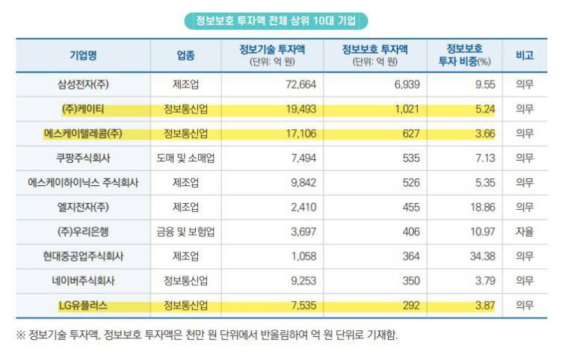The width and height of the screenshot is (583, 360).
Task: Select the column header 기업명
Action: coord(83,56)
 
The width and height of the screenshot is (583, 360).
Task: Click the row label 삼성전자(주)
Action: coord(83,84)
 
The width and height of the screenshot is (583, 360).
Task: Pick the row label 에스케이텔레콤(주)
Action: coord(83,134)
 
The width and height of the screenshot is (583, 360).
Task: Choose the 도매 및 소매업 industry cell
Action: coord(185,158)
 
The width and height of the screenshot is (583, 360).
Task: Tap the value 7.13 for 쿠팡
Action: coord(485,158)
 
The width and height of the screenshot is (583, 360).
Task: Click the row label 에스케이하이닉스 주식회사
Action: coord(83,182)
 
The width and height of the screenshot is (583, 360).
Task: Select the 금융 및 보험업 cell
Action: coord(185,232)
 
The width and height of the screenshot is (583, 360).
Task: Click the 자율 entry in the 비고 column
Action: coord(524,232)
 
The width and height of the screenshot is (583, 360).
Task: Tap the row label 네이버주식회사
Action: coord(83,281)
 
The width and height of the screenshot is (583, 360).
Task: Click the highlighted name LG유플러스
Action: coord(83,305)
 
